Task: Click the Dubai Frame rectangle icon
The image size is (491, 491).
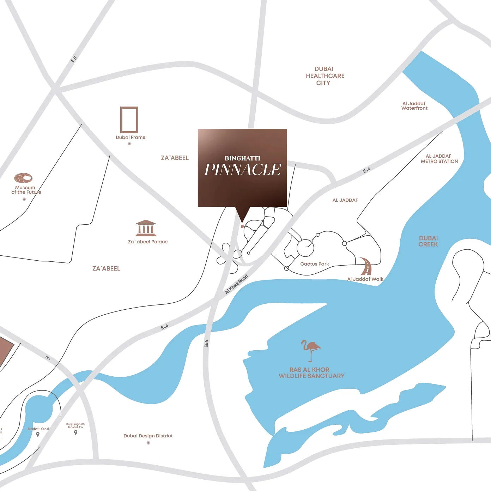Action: click(129, 120)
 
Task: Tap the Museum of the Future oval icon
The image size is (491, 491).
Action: click(23, 177)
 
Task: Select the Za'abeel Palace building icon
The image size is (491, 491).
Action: click(146, 228)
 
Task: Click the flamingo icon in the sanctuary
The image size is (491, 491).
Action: click(310, 350)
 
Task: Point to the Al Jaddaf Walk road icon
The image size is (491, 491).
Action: click(366, 267)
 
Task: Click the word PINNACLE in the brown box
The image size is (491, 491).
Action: click(243, 170)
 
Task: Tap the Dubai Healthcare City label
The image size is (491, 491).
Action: click(325, 76)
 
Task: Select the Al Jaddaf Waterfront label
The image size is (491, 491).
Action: click(414, 106)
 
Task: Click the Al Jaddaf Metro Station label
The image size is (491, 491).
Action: click(439, 159)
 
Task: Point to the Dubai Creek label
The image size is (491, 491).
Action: click(428, 241)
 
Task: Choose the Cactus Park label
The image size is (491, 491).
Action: click(315, 264)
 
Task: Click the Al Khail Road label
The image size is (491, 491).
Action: click(237, 284)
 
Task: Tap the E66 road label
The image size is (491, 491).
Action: click(206, 344)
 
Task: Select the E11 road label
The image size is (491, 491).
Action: click(74, 59)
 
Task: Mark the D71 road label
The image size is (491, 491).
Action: click(48, 358)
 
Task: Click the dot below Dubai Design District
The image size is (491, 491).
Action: click(148, 443)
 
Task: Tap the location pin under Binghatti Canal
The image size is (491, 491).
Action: click(38, 434)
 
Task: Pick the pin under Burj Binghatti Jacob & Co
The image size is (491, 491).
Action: click(75, 432)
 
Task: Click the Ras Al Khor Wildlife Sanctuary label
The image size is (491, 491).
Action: click(311, 373)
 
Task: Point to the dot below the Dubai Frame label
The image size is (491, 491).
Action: click(129, 144)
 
